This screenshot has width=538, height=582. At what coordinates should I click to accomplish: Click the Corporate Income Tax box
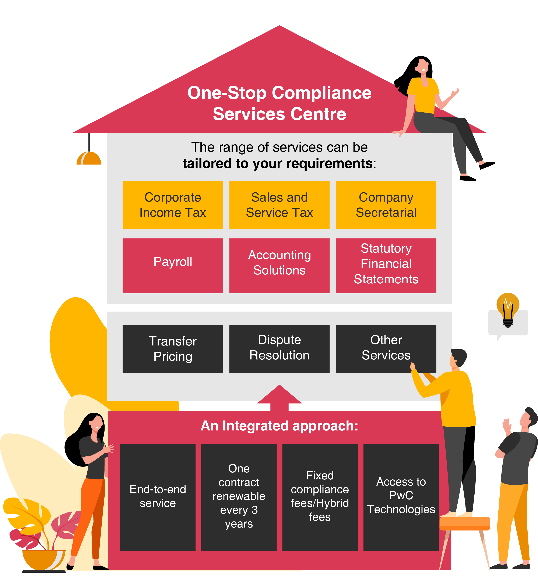[173, 205]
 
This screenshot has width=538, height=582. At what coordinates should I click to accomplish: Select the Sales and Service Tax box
[279, 205]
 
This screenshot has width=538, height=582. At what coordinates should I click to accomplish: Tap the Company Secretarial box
[386, 205]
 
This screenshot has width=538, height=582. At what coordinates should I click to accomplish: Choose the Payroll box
[173, 265]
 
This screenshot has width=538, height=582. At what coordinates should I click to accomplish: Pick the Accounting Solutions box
[279, 265]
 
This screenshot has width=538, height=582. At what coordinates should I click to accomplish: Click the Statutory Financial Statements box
[386, 265]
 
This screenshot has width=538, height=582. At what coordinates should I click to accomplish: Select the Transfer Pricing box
[173, 349]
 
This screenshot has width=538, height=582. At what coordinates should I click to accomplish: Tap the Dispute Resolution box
[279, 349]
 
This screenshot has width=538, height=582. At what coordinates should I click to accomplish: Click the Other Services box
[386, 349]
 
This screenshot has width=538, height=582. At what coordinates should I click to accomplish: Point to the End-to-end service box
[158, 497]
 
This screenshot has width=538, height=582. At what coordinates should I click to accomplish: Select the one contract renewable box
[239, 497]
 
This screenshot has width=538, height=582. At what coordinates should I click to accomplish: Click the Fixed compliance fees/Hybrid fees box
[320, 497]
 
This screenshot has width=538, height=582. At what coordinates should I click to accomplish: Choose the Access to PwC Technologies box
[401, 497]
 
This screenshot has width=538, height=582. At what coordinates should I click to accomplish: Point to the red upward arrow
[279, 397]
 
